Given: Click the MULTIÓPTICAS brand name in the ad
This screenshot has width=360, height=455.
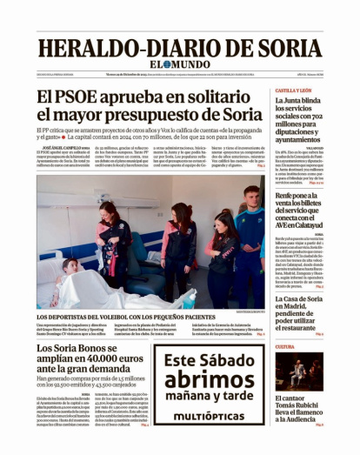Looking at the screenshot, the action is tap(209, 416).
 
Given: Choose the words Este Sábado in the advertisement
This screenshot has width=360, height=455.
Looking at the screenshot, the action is tap(209, 359).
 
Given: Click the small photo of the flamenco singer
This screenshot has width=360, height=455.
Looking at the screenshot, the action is tap(299, 371).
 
